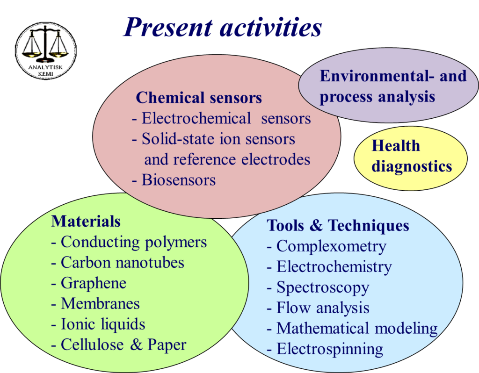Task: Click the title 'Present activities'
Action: pyautogui.click(x=223, y=28)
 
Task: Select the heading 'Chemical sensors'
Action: pyautogui.click(x=199, y=98)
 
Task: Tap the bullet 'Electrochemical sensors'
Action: pyautogui.click(x=221, y=118)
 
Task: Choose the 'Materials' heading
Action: pyautogui.click(x=86, y=221)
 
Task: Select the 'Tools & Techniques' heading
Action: pyautogui.click(x=338, y=225)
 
